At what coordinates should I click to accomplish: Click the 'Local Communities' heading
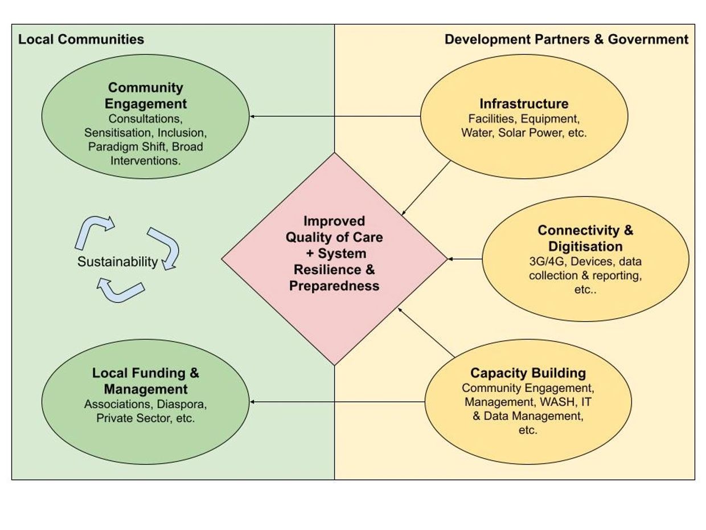[81, 39]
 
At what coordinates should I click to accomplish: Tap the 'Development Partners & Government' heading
[566, 39]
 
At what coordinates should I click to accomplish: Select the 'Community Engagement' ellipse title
[146, 96]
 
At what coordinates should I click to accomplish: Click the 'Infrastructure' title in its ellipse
[524, 104]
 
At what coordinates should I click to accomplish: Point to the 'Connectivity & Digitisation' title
[585, 238]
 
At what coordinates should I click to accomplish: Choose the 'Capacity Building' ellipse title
[528, 373]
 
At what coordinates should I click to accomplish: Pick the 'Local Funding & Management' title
[146, 381]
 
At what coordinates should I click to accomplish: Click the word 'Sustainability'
[117, 262]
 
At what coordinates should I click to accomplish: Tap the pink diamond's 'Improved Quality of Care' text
[334, 229]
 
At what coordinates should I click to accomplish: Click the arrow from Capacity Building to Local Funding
[337, 402]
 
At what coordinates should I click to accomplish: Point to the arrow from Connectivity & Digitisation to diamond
[465, 259]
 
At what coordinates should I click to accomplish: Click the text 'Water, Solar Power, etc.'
[524, 133]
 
